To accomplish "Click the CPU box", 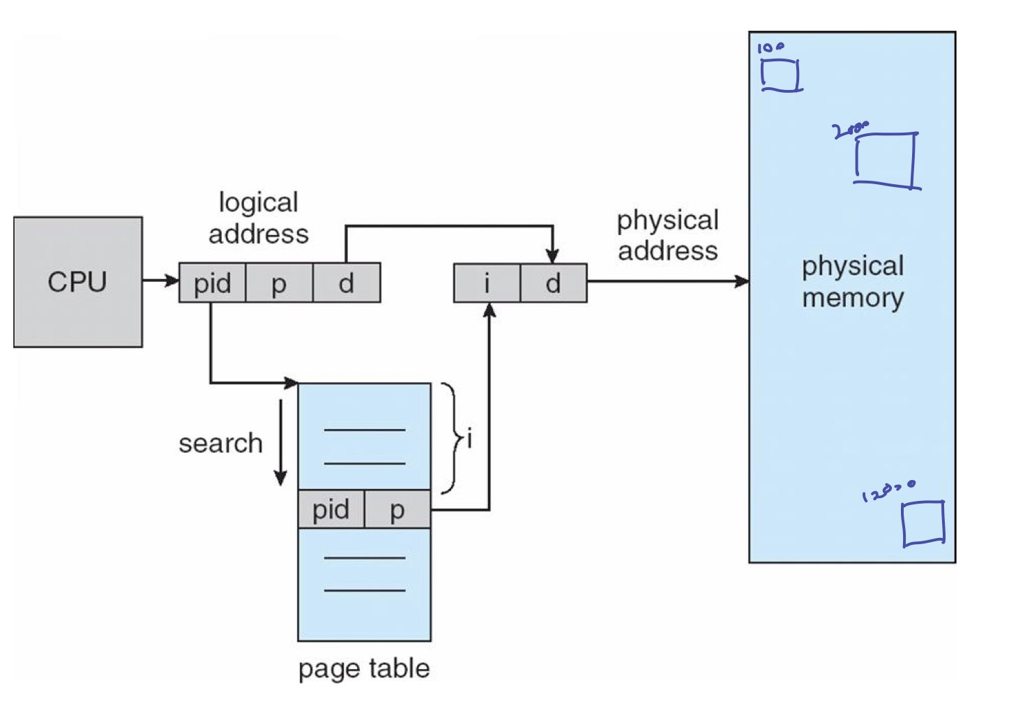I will (77, 282).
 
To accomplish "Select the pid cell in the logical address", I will (212, 283).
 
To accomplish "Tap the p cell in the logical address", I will (279, 283).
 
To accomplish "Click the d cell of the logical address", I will (347, 283).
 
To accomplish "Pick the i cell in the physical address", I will (487, 283).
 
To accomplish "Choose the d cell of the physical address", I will (553, 283).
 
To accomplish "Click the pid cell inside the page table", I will (331, 509).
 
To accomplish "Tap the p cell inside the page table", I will (397, 509).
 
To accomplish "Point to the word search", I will (220, 443).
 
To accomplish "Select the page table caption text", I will (364, 668).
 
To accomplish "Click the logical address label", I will (259, 218).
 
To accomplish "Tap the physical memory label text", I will (852, 282).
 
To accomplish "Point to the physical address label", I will (667, 235).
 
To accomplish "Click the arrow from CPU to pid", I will (160, 280).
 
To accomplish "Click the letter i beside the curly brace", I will (470, 440).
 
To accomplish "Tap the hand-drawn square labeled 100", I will (780, 75).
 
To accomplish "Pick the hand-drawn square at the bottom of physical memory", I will (923, 523).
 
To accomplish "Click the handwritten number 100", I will (770, 47).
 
